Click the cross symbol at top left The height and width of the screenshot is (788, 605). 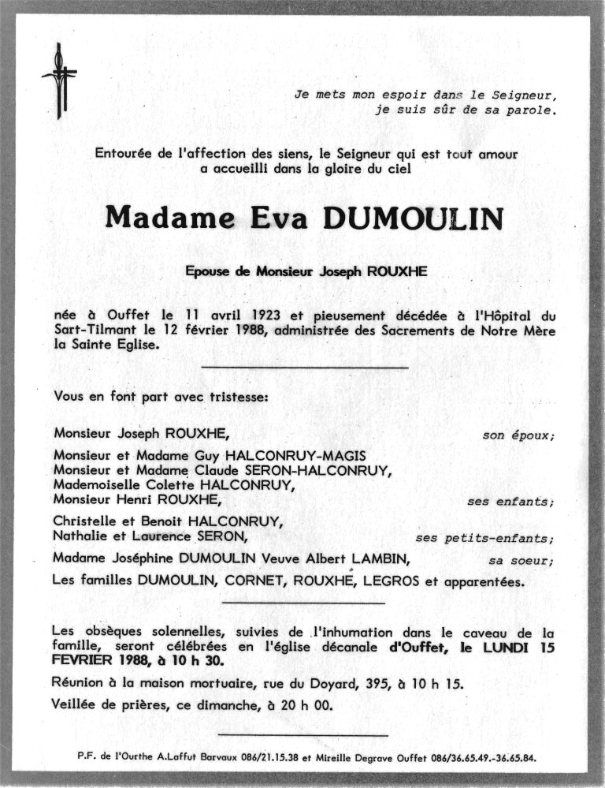point(60,79)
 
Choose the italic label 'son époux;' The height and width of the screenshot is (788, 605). point(518,435)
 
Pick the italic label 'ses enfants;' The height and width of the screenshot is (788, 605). point(510,502)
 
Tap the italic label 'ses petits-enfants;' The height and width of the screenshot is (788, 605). point(484,539)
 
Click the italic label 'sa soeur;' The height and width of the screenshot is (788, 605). point(521,561)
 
